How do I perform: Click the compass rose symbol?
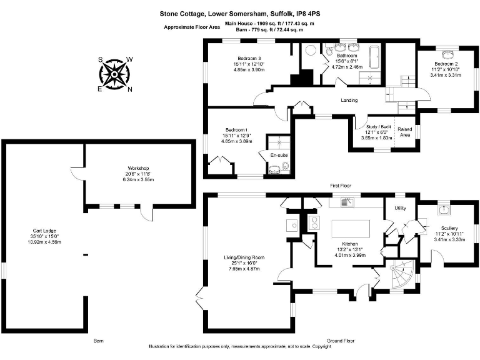(115, 74)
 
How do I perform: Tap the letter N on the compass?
(130, 89)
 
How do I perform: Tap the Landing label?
(349, 100)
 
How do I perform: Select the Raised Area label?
(405, 132)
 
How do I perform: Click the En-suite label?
(278, 154)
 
